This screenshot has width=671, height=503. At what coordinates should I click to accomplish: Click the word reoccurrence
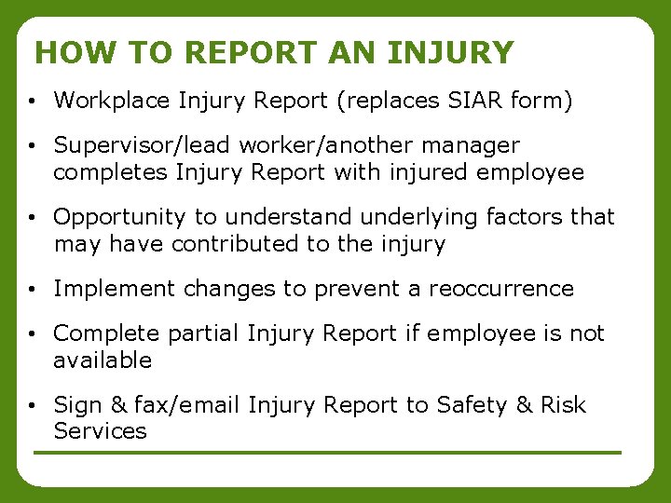click(501, 289)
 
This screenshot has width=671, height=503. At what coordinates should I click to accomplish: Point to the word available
click(102, 360)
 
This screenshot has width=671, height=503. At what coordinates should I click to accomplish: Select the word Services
click(100, 431)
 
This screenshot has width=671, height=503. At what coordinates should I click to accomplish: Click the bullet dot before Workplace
click(32, 101)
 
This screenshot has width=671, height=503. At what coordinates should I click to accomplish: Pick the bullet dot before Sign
click(32, 406)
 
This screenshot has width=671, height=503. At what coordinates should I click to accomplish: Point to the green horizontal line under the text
click(326, 453)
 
